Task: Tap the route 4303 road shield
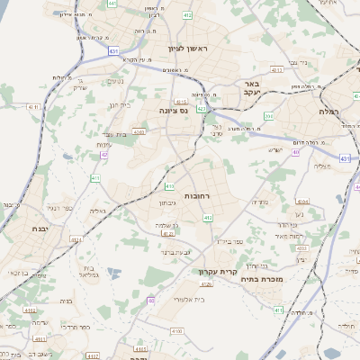[139, 131]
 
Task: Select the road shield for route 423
[202, 108]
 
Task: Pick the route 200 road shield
[268, 116]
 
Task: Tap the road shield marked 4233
[302, 247]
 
